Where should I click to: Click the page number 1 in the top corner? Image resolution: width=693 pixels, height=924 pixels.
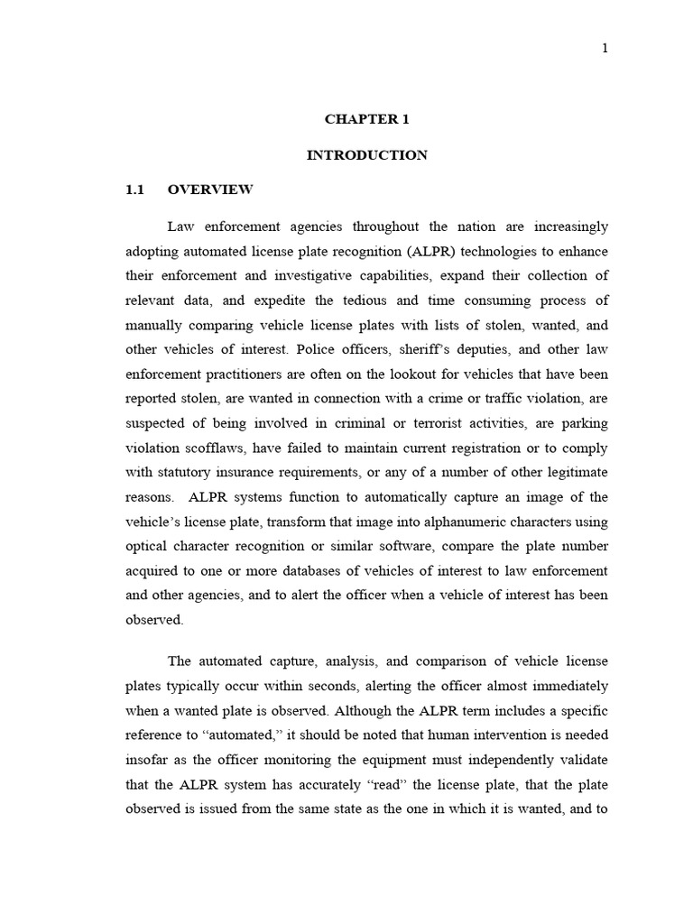coord(605,49)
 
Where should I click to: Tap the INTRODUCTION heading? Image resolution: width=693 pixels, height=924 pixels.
coord(366,155)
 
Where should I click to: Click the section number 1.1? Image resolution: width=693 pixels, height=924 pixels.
coord(134,190)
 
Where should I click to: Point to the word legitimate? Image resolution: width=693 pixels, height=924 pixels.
coord(573,473)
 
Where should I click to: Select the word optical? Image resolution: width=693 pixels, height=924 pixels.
coord(144,547)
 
